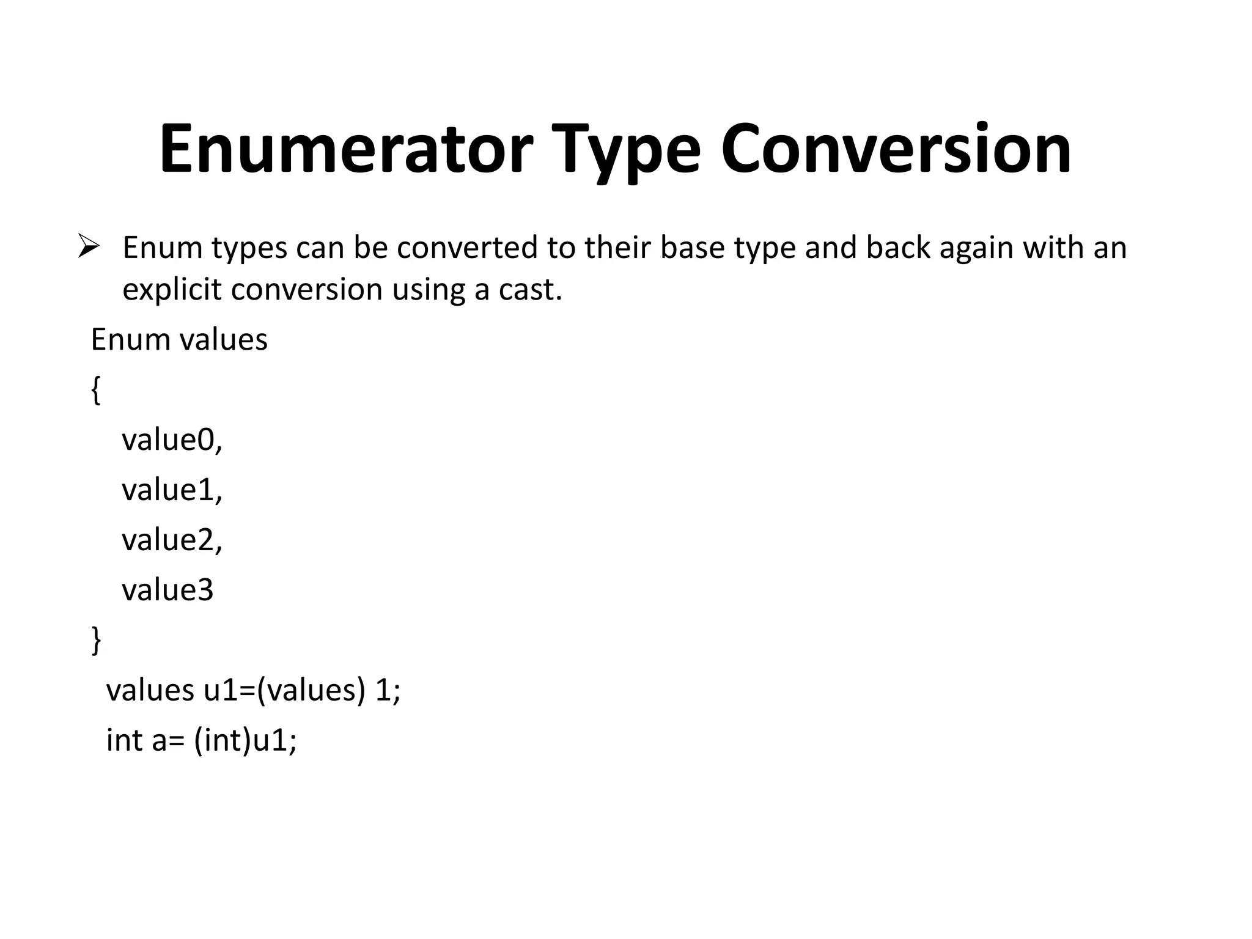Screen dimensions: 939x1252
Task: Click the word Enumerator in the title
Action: tap(346, 150)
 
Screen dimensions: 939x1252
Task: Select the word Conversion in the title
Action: tap(896, 150)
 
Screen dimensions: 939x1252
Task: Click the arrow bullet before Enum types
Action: tap(89, 248)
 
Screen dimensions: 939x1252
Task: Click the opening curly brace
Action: tap(96, 390)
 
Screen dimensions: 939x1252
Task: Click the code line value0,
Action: tap(172, 440)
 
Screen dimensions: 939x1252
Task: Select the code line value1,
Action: tap(172, 490)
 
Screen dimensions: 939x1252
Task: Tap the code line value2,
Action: tap(172, 540)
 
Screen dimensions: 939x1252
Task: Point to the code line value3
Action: tap(168, 590)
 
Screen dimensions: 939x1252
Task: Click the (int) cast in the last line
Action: tap(223, 740)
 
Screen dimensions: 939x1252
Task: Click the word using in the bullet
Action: tap(429, 289)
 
